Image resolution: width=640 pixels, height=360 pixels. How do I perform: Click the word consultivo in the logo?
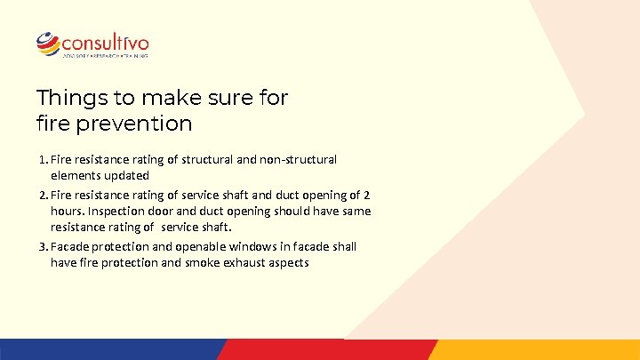point(105,42)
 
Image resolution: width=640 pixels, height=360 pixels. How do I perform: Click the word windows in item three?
point(250,246)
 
